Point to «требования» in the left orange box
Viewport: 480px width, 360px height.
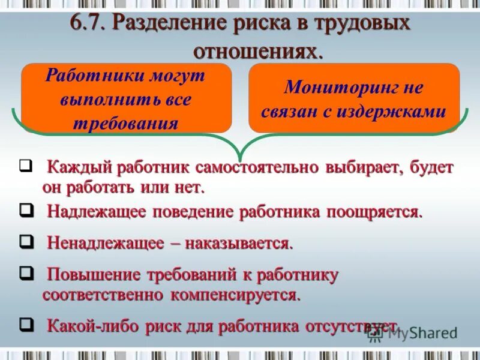point(125,123)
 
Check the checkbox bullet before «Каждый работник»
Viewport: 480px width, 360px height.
point(26,166)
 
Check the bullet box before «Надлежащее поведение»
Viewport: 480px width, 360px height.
point(26,210)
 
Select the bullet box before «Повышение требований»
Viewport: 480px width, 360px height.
point(26,273)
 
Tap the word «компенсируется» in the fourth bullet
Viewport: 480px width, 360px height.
point(235,296)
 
